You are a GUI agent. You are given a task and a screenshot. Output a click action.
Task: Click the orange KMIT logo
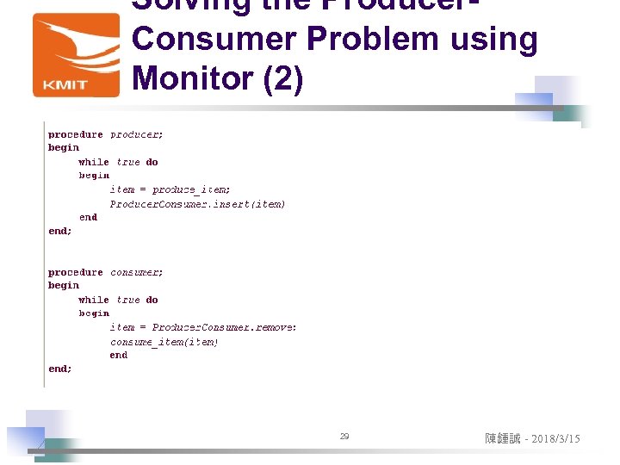click(76, 54)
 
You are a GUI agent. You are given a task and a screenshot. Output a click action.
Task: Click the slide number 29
click(344, 437)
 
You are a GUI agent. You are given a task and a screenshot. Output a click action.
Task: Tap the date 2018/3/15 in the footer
click(555, 439)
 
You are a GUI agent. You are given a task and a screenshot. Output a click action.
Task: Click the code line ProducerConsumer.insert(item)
click(197, 204)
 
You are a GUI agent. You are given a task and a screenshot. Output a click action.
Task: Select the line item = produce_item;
click(170, 189)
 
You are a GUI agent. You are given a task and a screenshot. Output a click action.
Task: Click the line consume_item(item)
click(164, 342)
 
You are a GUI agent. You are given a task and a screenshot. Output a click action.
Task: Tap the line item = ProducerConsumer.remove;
click(203, 327)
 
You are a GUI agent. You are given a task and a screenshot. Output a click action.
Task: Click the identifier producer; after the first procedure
click(137, 134)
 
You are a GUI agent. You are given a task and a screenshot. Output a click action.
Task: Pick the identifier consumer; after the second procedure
click(137, 272)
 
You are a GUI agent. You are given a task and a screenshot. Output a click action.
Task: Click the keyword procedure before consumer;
click(75, 272)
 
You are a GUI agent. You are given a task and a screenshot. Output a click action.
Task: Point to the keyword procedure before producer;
click(75, 134)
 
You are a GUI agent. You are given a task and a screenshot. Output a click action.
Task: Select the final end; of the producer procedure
click(60, 231)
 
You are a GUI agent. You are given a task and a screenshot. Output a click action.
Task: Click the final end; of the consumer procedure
click(60, 369)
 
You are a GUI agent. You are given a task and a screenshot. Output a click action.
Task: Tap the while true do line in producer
click(118, 162)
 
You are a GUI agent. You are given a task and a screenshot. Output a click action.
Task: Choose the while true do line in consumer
click(118, 300)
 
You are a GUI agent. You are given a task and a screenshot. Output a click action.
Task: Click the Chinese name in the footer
click(503, 439)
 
